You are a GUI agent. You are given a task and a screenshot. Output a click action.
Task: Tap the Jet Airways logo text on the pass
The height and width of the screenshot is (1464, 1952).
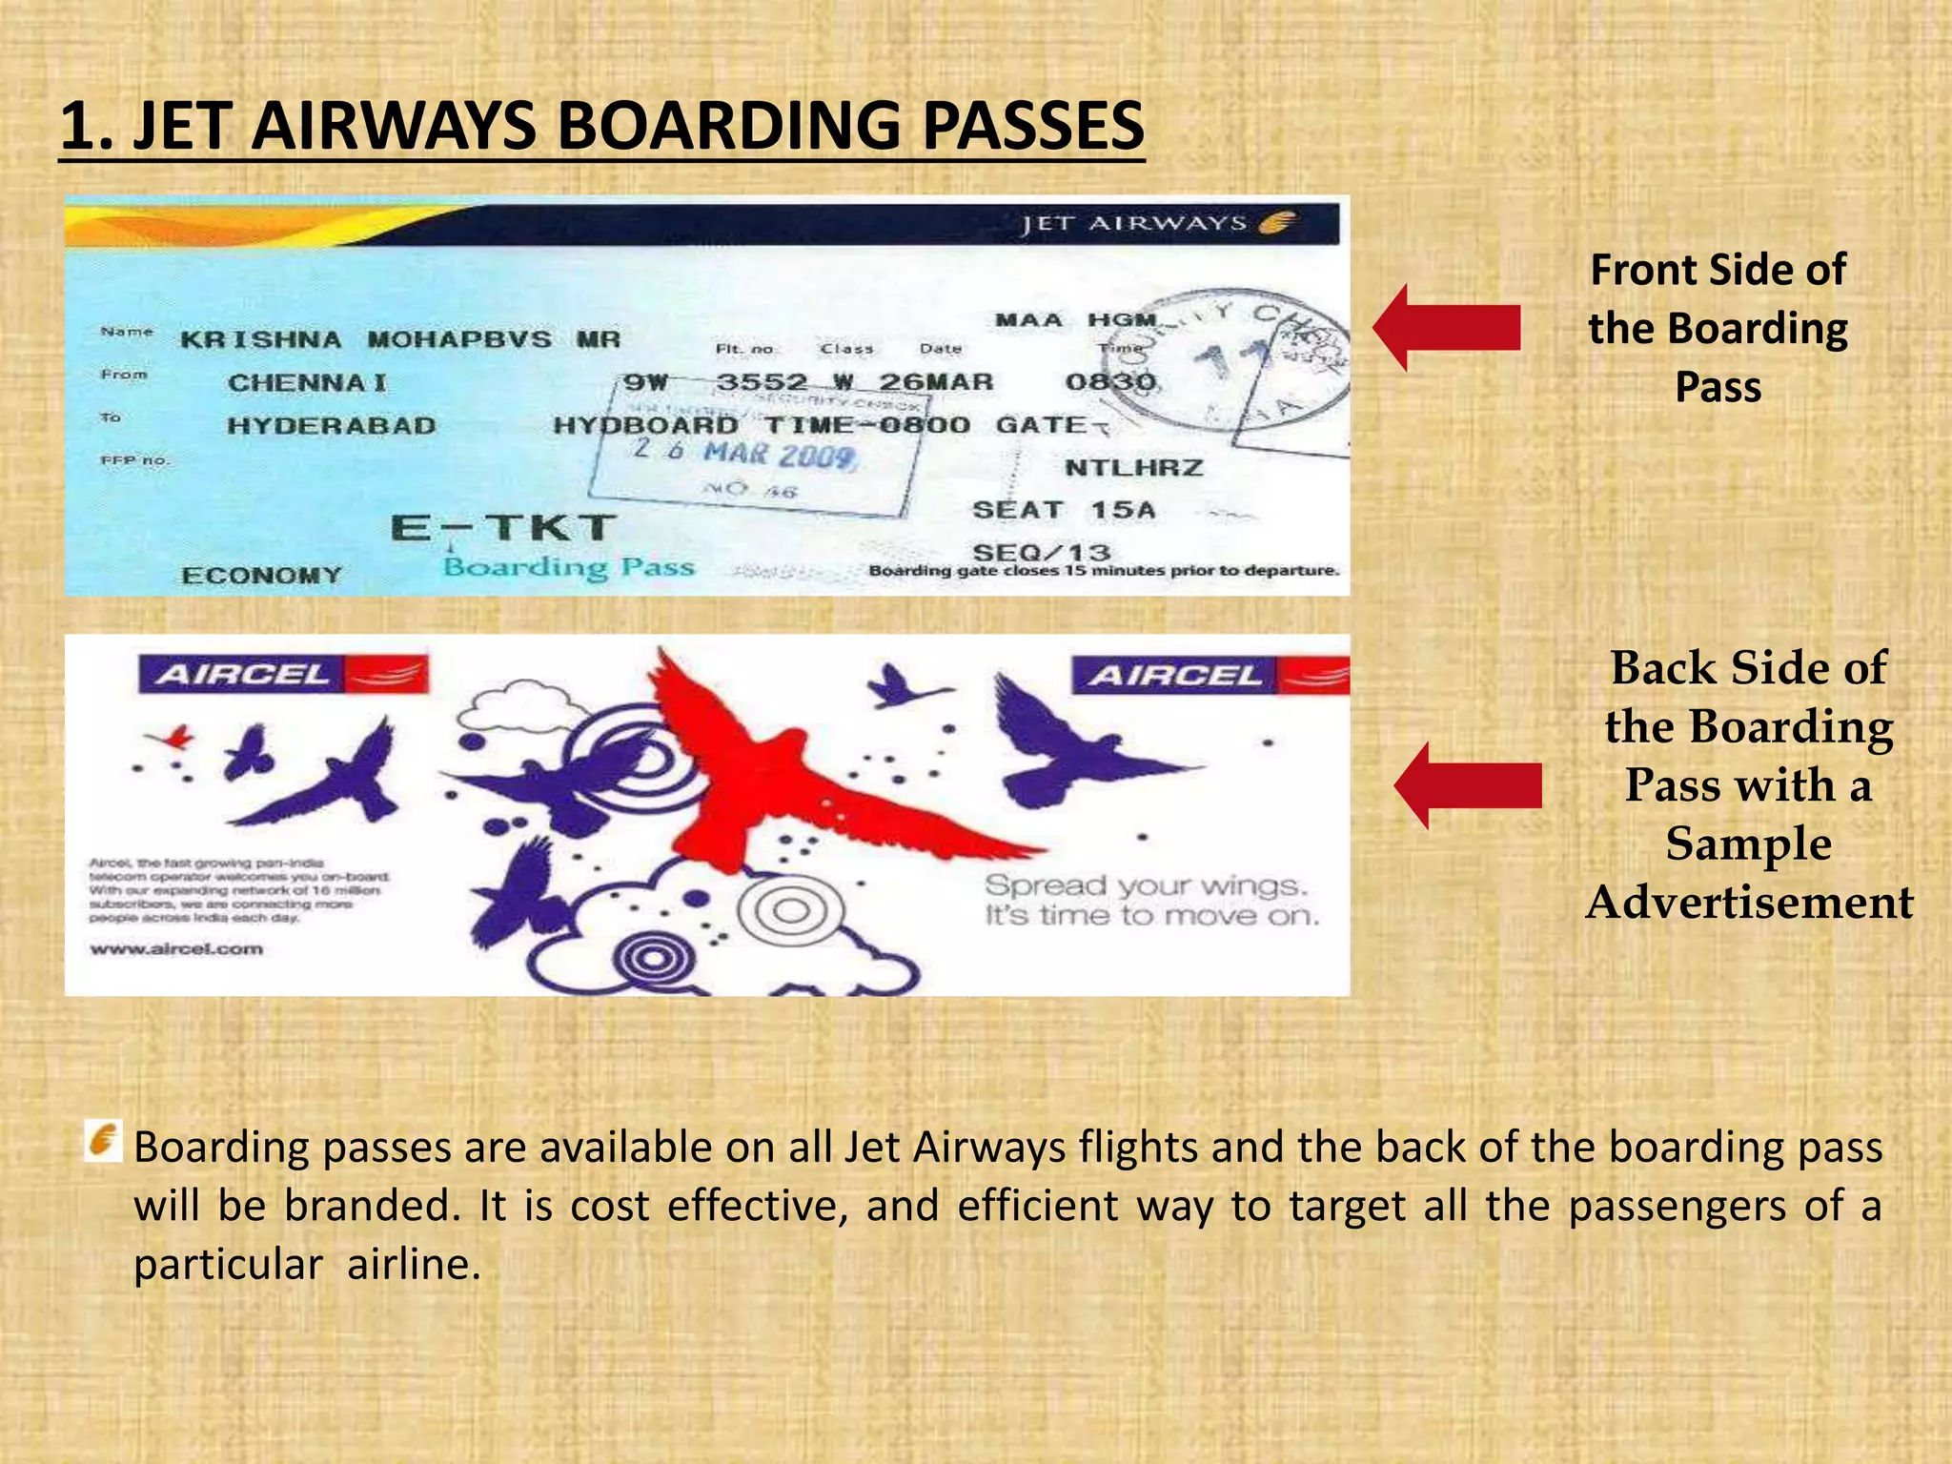(1134, 224)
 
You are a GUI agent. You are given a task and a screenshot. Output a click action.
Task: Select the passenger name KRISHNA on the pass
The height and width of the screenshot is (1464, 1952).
(260, 340)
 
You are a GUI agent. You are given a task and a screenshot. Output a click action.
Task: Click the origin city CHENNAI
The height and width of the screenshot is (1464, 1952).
(307, 383)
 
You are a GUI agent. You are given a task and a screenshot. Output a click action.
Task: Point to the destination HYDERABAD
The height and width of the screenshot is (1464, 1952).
(331, 426)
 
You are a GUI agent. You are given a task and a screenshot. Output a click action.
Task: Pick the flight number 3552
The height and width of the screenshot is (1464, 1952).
(761, 383)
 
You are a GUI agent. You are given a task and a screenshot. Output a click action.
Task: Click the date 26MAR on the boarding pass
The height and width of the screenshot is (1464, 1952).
(935, 383)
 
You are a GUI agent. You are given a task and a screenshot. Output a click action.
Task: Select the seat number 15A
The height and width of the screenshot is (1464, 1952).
(1123, 511)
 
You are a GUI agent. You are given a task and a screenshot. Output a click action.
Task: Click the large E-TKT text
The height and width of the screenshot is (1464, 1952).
(503, 528)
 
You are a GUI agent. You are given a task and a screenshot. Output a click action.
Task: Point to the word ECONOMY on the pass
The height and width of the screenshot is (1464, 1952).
(261, 576)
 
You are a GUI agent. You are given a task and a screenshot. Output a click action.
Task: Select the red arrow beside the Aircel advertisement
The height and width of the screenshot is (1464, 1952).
(1467, 785)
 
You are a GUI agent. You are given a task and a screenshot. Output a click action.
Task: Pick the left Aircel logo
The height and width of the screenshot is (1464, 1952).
(283, 675)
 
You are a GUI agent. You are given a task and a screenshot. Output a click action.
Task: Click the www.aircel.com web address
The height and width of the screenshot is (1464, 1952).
(175, 949)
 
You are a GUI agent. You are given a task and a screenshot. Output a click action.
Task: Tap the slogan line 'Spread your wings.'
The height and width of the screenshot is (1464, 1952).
(1146, 885)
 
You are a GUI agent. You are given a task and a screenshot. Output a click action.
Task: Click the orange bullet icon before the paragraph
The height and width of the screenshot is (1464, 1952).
(103, 1141)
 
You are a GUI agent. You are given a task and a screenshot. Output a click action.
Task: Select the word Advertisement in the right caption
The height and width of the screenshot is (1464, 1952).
(1749, 903)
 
